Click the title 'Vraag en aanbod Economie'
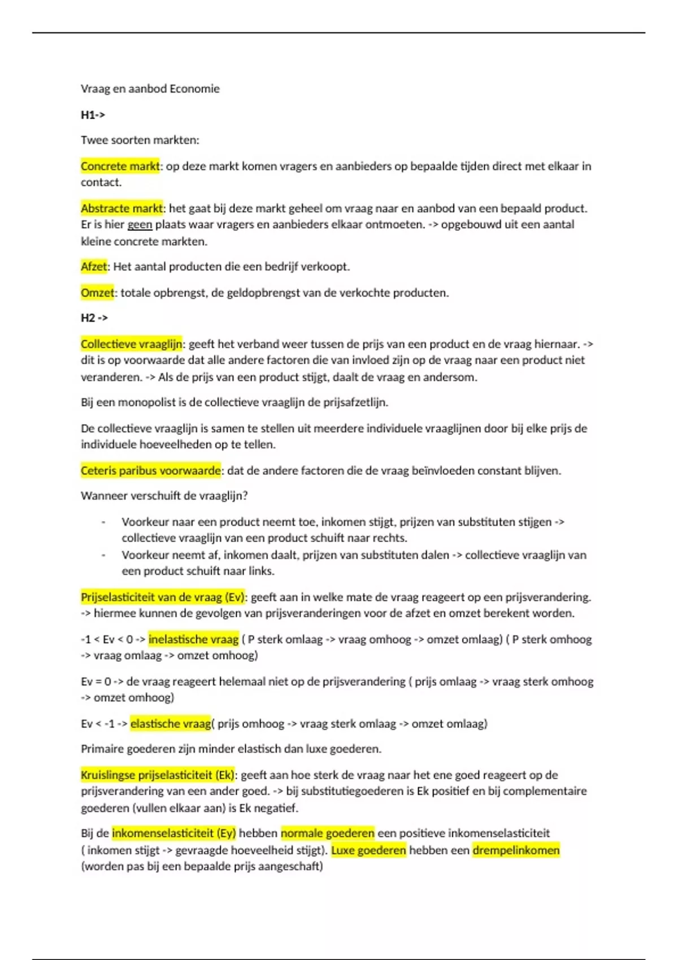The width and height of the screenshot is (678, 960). click(150, 89)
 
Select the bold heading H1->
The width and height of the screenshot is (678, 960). click(93, 115)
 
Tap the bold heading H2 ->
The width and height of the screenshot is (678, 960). click(94, 318)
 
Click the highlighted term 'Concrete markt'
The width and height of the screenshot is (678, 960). click(120, 166)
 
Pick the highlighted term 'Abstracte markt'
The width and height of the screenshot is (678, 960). click(121, 208)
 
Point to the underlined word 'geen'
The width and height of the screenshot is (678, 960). click(140, 225)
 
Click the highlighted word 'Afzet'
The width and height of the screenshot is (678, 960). click(94, 267)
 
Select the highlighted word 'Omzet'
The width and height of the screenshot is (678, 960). click(97, 293)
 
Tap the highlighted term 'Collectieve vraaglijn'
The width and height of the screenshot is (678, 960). click(131, 344)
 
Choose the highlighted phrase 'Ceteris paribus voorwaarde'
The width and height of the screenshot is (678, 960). click(151, 470)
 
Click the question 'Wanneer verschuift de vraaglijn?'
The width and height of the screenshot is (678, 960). click(164, 496)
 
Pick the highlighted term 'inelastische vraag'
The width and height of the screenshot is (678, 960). click(193, 639)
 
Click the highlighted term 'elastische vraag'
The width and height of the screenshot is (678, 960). click(170, 723)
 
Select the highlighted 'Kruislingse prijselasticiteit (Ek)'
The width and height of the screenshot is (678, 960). click(158, 775)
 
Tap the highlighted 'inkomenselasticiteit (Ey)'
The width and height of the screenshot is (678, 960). click(173, 833)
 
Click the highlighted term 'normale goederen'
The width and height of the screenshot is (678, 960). click(328, 833)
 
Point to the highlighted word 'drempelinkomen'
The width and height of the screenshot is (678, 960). click(516, 850)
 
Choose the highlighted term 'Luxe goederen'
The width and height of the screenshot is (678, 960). click(368, 850)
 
